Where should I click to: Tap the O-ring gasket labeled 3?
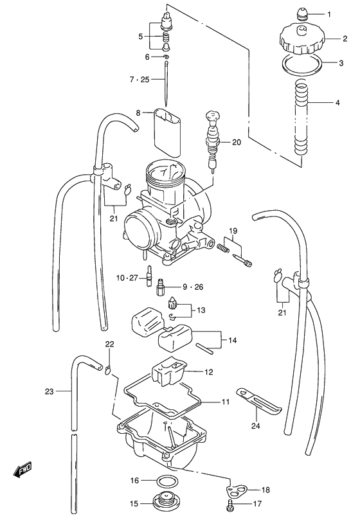click(x=303, y=64)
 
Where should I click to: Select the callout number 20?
click(x=235, y=143)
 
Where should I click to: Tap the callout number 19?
click(x=233, y=230)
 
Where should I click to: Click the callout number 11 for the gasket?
click(x=226, y=402)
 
